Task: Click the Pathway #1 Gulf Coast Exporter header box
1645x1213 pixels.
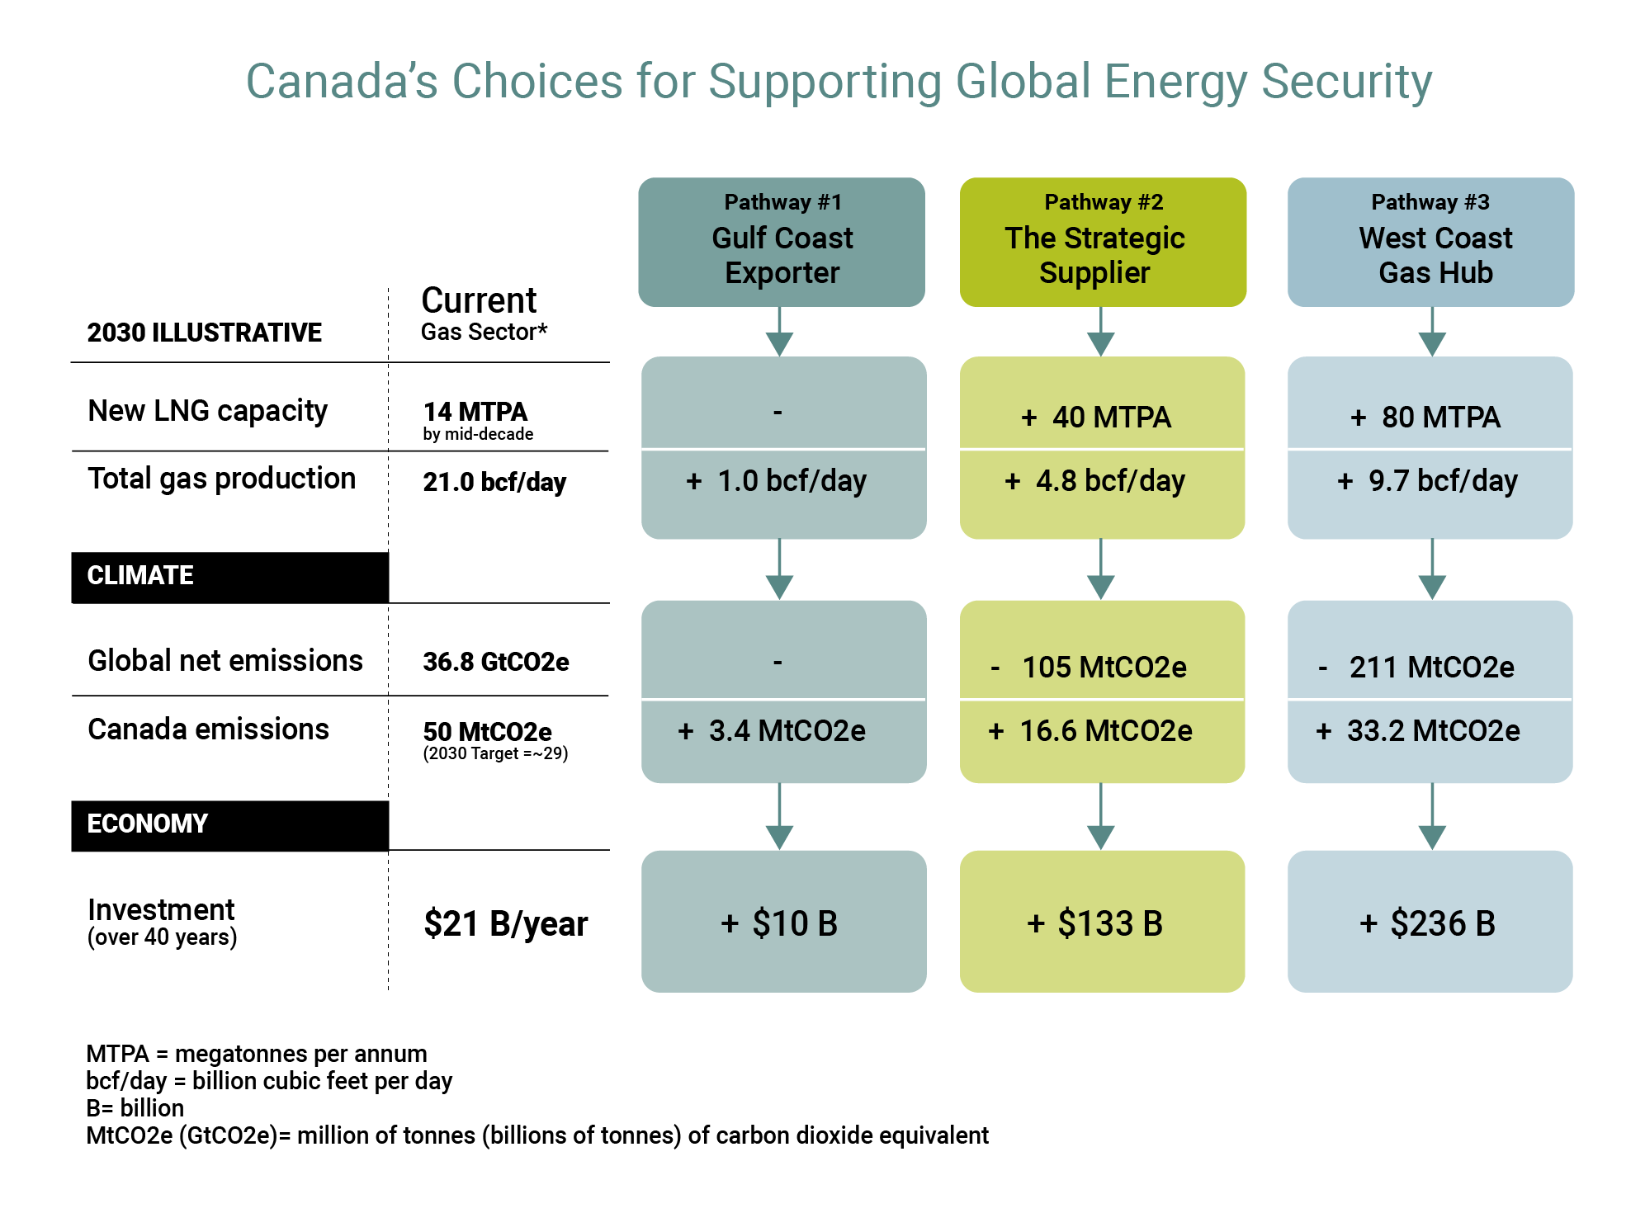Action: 781,242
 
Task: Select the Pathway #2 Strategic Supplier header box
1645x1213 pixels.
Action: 1102,242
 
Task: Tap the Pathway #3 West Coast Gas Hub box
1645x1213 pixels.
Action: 1430,242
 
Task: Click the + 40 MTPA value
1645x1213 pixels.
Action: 1096,418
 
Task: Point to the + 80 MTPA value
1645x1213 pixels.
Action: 1425,418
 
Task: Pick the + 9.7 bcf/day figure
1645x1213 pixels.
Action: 1427,481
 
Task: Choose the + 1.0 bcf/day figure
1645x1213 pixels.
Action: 777,481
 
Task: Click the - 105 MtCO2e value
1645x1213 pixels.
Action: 1089,667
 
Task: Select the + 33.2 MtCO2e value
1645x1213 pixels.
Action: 1418,731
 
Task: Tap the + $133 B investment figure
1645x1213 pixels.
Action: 1095,923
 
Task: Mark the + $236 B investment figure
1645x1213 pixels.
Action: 1427,923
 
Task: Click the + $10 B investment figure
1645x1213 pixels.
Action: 779,923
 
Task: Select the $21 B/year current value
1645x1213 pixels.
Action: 505,924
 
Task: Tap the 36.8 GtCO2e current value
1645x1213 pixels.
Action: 496,662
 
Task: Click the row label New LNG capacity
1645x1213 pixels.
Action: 208,410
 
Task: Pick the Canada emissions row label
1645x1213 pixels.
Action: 208,729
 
